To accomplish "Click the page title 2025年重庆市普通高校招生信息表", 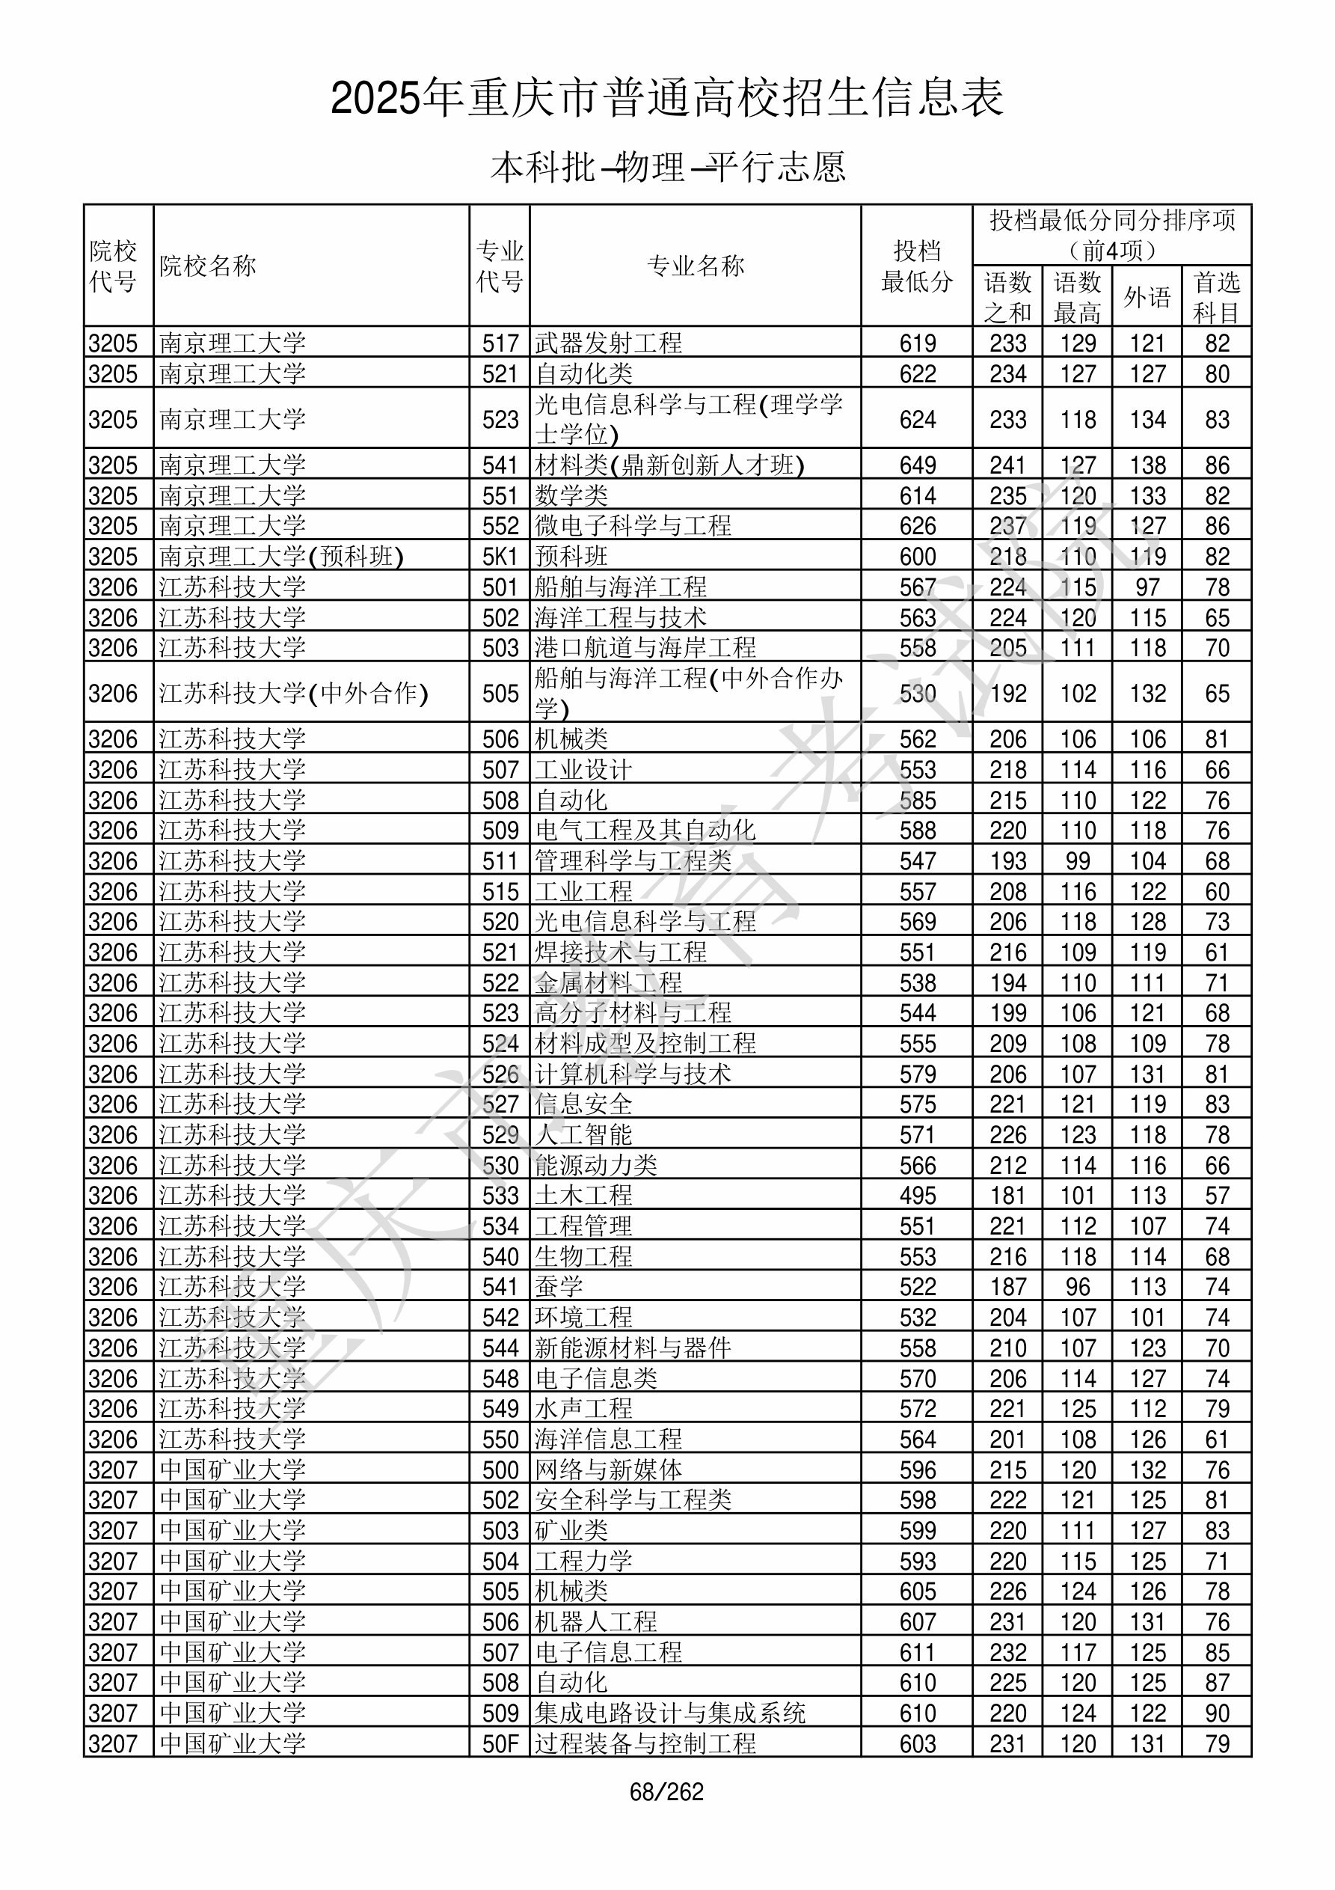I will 666,99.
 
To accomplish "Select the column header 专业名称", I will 696,266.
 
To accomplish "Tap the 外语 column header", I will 1147,297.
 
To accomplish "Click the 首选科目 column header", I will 1217,297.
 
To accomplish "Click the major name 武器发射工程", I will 608,343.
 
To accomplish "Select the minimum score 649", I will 917,465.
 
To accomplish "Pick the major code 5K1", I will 500,557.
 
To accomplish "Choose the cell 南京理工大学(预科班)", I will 281,557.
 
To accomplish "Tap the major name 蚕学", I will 559,1287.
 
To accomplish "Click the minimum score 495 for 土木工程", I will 917,1195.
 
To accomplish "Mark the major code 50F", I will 500,1743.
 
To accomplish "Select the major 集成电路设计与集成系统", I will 670,1713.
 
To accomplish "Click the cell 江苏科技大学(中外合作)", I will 294,693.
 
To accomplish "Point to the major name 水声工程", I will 583,1408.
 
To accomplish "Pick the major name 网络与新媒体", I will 608,1470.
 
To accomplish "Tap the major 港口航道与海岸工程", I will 645,648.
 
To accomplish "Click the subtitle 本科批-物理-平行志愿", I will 667,167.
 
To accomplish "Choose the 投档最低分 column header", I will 917,266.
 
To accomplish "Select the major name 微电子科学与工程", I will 633,526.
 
